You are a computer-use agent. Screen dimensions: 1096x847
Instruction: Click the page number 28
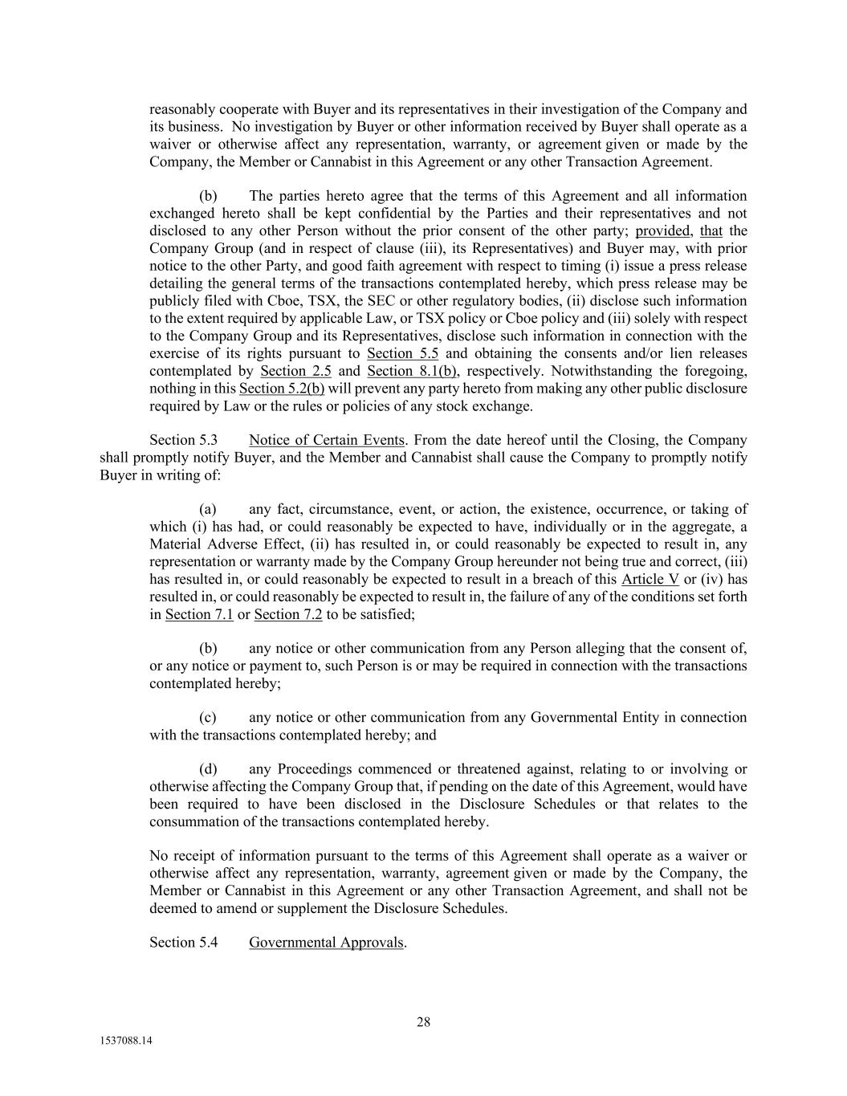[x=423, y=1022]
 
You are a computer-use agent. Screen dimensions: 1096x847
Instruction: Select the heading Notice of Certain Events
[x=326, y=440]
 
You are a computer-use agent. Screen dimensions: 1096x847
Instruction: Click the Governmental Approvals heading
[x=326, y=943]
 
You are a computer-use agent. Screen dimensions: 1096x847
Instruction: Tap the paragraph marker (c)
[x=208, y=718]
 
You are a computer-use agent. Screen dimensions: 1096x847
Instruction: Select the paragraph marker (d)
[x=208, y=769]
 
